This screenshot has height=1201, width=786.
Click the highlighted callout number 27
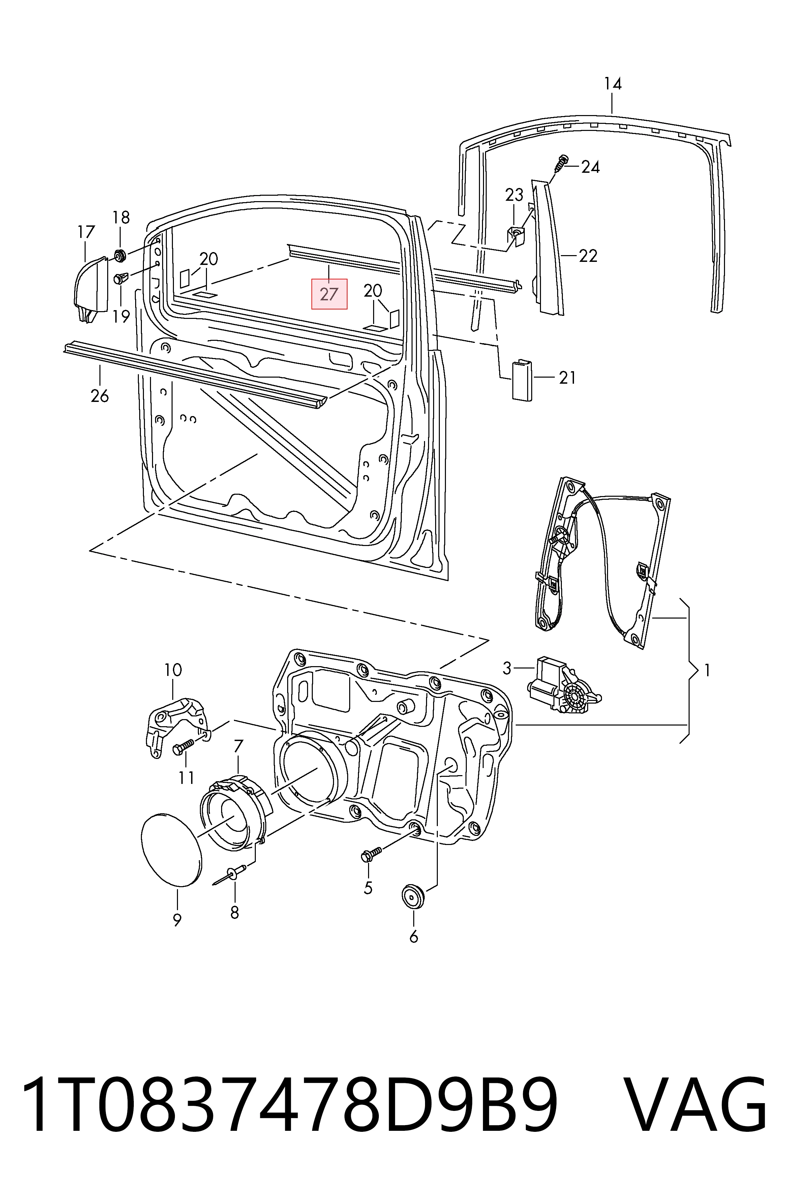pos(329,294)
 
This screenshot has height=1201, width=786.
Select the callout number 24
pos(591,167)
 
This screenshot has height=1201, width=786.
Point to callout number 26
pos(100,395)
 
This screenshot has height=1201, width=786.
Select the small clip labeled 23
pos(515,234)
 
